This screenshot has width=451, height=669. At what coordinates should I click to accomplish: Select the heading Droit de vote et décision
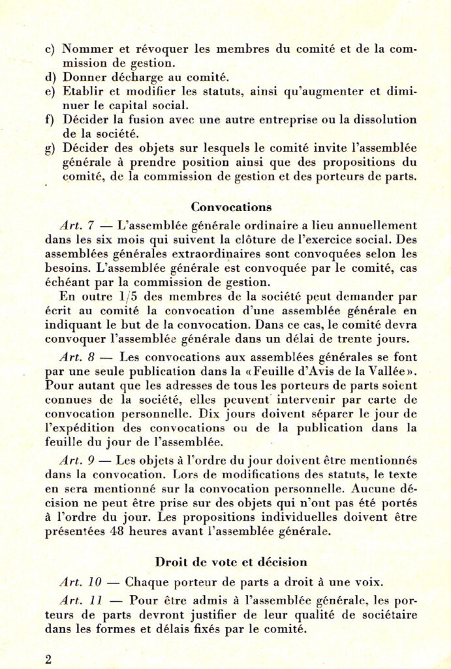pos(231,561)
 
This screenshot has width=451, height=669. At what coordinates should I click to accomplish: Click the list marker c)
pos(50,49)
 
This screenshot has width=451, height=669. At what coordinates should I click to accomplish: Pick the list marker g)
pos(50,148)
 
